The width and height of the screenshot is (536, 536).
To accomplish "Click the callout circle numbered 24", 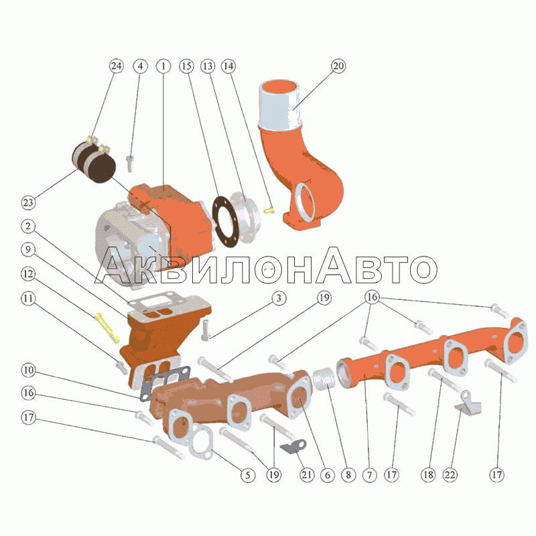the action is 116,66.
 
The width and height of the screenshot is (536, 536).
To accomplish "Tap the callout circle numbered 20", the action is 338,66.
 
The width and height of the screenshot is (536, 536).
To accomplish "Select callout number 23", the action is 28,203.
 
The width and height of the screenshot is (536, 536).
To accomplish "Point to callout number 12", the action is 28,274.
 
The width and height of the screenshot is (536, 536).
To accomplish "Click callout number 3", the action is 279,298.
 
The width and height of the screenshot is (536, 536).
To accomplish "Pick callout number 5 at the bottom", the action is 248,475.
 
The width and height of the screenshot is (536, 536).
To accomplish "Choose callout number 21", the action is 307,475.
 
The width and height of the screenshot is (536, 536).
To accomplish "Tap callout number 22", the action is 450,475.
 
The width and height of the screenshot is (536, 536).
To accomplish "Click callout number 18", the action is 428,475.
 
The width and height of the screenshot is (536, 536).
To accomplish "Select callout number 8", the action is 348,475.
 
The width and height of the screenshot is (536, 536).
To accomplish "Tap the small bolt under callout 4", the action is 130,163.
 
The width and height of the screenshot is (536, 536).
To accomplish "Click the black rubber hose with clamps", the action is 94,162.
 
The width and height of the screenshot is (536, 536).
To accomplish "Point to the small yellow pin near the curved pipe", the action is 269,210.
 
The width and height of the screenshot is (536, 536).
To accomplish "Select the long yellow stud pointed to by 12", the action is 107,328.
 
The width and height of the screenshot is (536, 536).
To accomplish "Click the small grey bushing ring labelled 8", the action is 324,379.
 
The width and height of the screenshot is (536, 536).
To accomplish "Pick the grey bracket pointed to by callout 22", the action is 468,403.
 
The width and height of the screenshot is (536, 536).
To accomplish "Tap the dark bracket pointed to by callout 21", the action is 293,447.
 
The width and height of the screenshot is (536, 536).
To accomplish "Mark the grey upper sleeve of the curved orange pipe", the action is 280,105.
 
